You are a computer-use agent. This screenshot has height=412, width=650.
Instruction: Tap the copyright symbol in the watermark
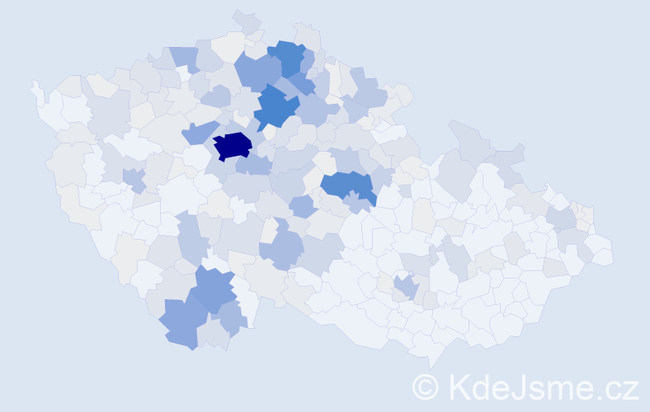tap(426, 386)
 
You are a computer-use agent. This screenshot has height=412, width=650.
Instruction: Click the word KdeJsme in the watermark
tap(512, 386)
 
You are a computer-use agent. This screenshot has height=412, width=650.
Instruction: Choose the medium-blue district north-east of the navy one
tap(277, 107)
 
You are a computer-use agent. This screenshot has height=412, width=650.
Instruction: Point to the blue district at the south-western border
tap(182, 323)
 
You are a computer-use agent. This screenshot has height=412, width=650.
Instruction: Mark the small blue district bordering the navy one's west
tap(199, 132)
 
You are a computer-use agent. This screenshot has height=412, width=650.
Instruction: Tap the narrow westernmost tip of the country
tap(35, 86)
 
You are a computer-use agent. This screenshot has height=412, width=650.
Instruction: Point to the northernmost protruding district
tap(245, 18)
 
